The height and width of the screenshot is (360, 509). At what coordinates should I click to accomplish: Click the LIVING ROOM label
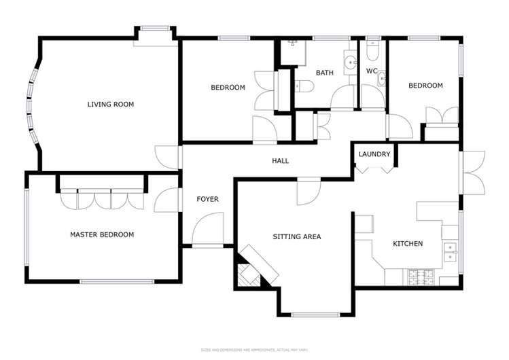pyautogui.click(x=110, y=105)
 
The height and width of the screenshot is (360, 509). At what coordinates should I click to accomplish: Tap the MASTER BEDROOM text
pyautogui.click(x=102, y=234)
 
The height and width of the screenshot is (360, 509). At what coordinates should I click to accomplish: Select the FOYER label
pyautogui.click(x=207, y=199)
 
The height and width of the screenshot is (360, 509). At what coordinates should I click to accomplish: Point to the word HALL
pyautogui.click(x=280, y=161)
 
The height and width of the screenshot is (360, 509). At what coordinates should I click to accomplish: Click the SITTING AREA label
pyautogui.click(x=296, y=237)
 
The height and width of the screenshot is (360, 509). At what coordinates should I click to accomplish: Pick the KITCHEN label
pyautogui.click(x=408, y=243)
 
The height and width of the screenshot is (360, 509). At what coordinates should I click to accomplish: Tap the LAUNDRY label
pyautogui.click(x=374, y=154)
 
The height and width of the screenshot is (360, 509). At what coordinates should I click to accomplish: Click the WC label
pyautogui.click(x=372, y=71)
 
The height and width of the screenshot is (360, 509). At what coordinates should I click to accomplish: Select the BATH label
pyautogui.click(x=324, y=72)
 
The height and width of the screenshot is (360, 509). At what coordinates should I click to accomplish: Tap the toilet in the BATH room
pyautogui.click(x=304, y=86)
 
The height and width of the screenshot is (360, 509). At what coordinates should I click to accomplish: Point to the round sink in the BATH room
pyautogui.click(x=351, y=62)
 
